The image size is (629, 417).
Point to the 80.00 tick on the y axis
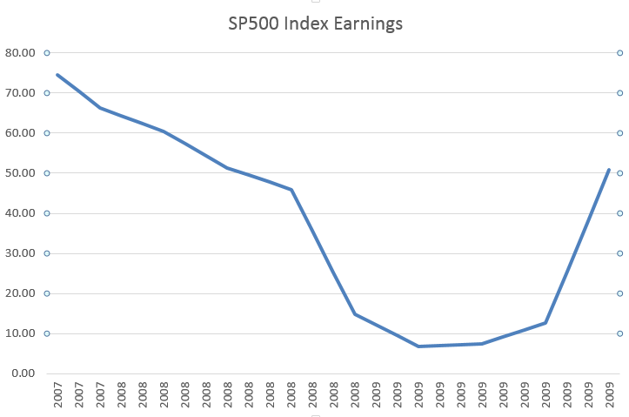[20, 53]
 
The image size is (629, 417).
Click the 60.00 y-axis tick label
[20, 133]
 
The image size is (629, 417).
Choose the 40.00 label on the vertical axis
[20, 213]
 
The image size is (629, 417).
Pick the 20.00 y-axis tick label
[20, 293]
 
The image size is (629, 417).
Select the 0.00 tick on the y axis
[23, 373]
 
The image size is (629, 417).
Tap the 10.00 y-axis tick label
[20, 333]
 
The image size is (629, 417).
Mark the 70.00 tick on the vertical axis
[20, 93]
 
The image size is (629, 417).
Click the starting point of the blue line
[57, 75]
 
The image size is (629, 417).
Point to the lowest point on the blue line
[418, 346]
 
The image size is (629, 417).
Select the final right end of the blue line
[609, 170]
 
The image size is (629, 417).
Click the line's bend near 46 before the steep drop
[291, 190]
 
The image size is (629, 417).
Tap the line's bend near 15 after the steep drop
[355, 314]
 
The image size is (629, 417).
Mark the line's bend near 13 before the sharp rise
[545, 323]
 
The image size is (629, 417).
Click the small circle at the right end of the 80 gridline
[619, 53]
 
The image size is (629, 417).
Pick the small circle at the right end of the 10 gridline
[619, 333]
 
